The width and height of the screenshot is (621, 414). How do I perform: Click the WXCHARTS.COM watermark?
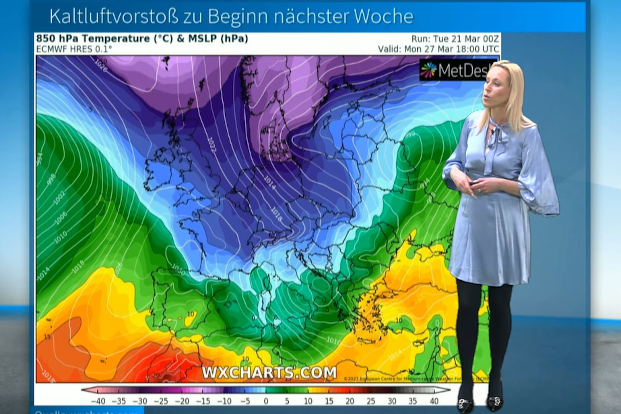(269, 372)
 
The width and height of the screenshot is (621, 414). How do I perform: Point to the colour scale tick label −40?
(98, 401)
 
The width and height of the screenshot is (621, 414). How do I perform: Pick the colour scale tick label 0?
(266, 401)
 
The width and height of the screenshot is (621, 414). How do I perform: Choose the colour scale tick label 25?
(371, 401)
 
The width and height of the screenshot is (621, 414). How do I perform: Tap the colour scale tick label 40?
(434, 401)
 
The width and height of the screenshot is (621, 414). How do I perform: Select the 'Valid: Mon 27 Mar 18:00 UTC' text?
(438, 49)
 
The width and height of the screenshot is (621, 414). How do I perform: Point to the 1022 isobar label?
(211, 145)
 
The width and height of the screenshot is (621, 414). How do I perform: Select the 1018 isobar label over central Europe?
(276, 214)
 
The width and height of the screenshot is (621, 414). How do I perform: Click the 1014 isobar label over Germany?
(270, 182)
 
